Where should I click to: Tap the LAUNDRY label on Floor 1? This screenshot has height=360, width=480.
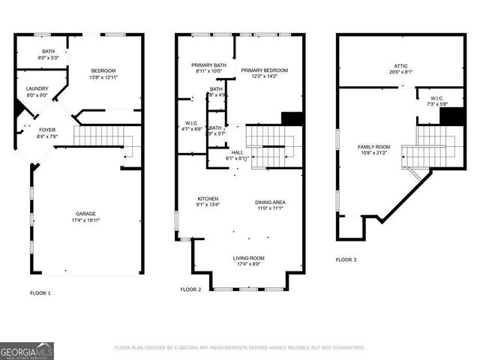click(x=37, y=88)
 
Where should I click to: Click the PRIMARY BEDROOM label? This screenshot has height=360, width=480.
click(x=265, y=70)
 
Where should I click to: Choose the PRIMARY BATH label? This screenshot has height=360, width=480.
click(x=209, y=65)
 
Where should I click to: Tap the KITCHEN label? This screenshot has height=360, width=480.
click(x=207, y=199)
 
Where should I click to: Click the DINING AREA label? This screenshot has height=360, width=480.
click(x=270, y=202)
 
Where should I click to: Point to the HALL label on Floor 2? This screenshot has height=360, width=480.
click(x=237, y=152)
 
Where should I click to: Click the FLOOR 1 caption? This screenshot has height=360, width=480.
click(x=40, y=292)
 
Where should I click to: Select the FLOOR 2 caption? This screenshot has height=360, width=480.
click(x=191, y=289)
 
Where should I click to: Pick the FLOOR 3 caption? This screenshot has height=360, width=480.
click(x=346, y=259)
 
